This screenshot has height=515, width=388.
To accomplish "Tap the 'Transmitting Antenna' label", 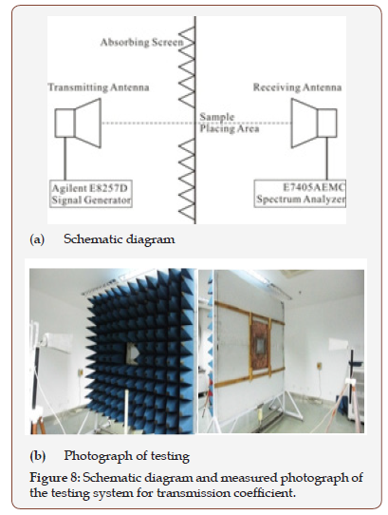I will coord(91,87).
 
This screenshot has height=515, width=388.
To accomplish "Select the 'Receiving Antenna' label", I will coord(296,87).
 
